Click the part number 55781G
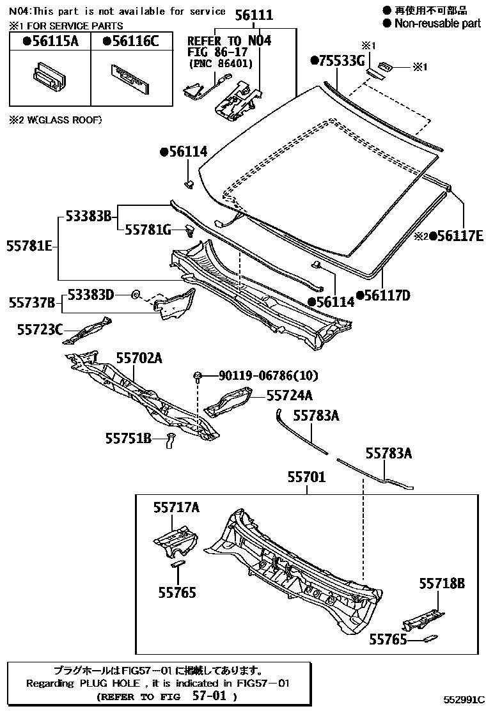click(x=148, y=230)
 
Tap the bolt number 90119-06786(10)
click(x=268, y=375)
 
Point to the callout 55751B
click(x=128, y=438)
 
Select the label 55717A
click(x=176, y=508)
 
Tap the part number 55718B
click(x=442, y=583)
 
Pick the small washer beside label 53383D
click(x=136, y=294)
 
